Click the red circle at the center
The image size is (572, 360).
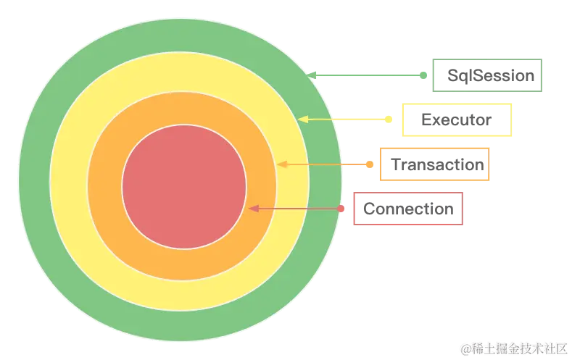point(183,186)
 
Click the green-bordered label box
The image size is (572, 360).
point(487,75)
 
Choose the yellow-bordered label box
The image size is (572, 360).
point(458,120)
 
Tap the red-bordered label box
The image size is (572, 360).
point(407,209)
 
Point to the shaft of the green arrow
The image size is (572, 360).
point(370,75)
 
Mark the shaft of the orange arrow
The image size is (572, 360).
point(326,164)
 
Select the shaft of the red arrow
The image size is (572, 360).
point(297,209)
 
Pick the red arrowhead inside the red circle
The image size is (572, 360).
point(253,209)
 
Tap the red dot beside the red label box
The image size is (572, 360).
point(341,209)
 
